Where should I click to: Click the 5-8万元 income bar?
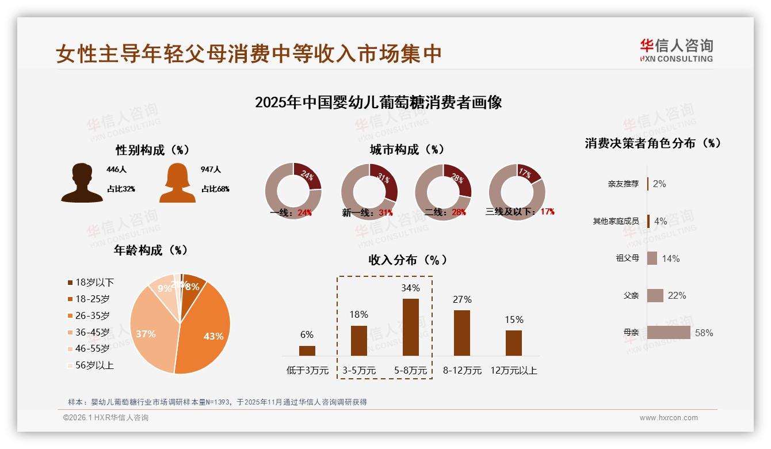(410, 327)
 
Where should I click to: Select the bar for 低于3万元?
(307, 351)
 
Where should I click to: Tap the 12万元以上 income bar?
(514, 343)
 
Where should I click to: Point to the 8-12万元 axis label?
(462, 371)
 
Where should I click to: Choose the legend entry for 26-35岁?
(89, 315)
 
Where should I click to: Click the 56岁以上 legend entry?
(90, 365)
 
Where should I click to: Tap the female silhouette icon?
(177, 184)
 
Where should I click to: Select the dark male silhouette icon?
(82, 184)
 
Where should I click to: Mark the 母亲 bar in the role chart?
(669, 333)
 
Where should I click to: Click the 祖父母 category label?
(627, 258)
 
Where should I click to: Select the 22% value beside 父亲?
(677, 295)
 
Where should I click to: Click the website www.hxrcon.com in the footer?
(669, 418)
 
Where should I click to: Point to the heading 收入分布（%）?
(408, 260)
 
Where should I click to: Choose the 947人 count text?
(211, 170)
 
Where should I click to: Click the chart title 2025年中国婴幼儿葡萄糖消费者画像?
(378, 102)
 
